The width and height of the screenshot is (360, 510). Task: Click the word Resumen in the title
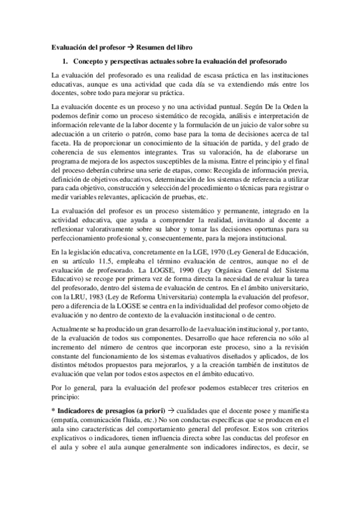[x=156, y=46]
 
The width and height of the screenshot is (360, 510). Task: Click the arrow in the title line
[x=134, y=46]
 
